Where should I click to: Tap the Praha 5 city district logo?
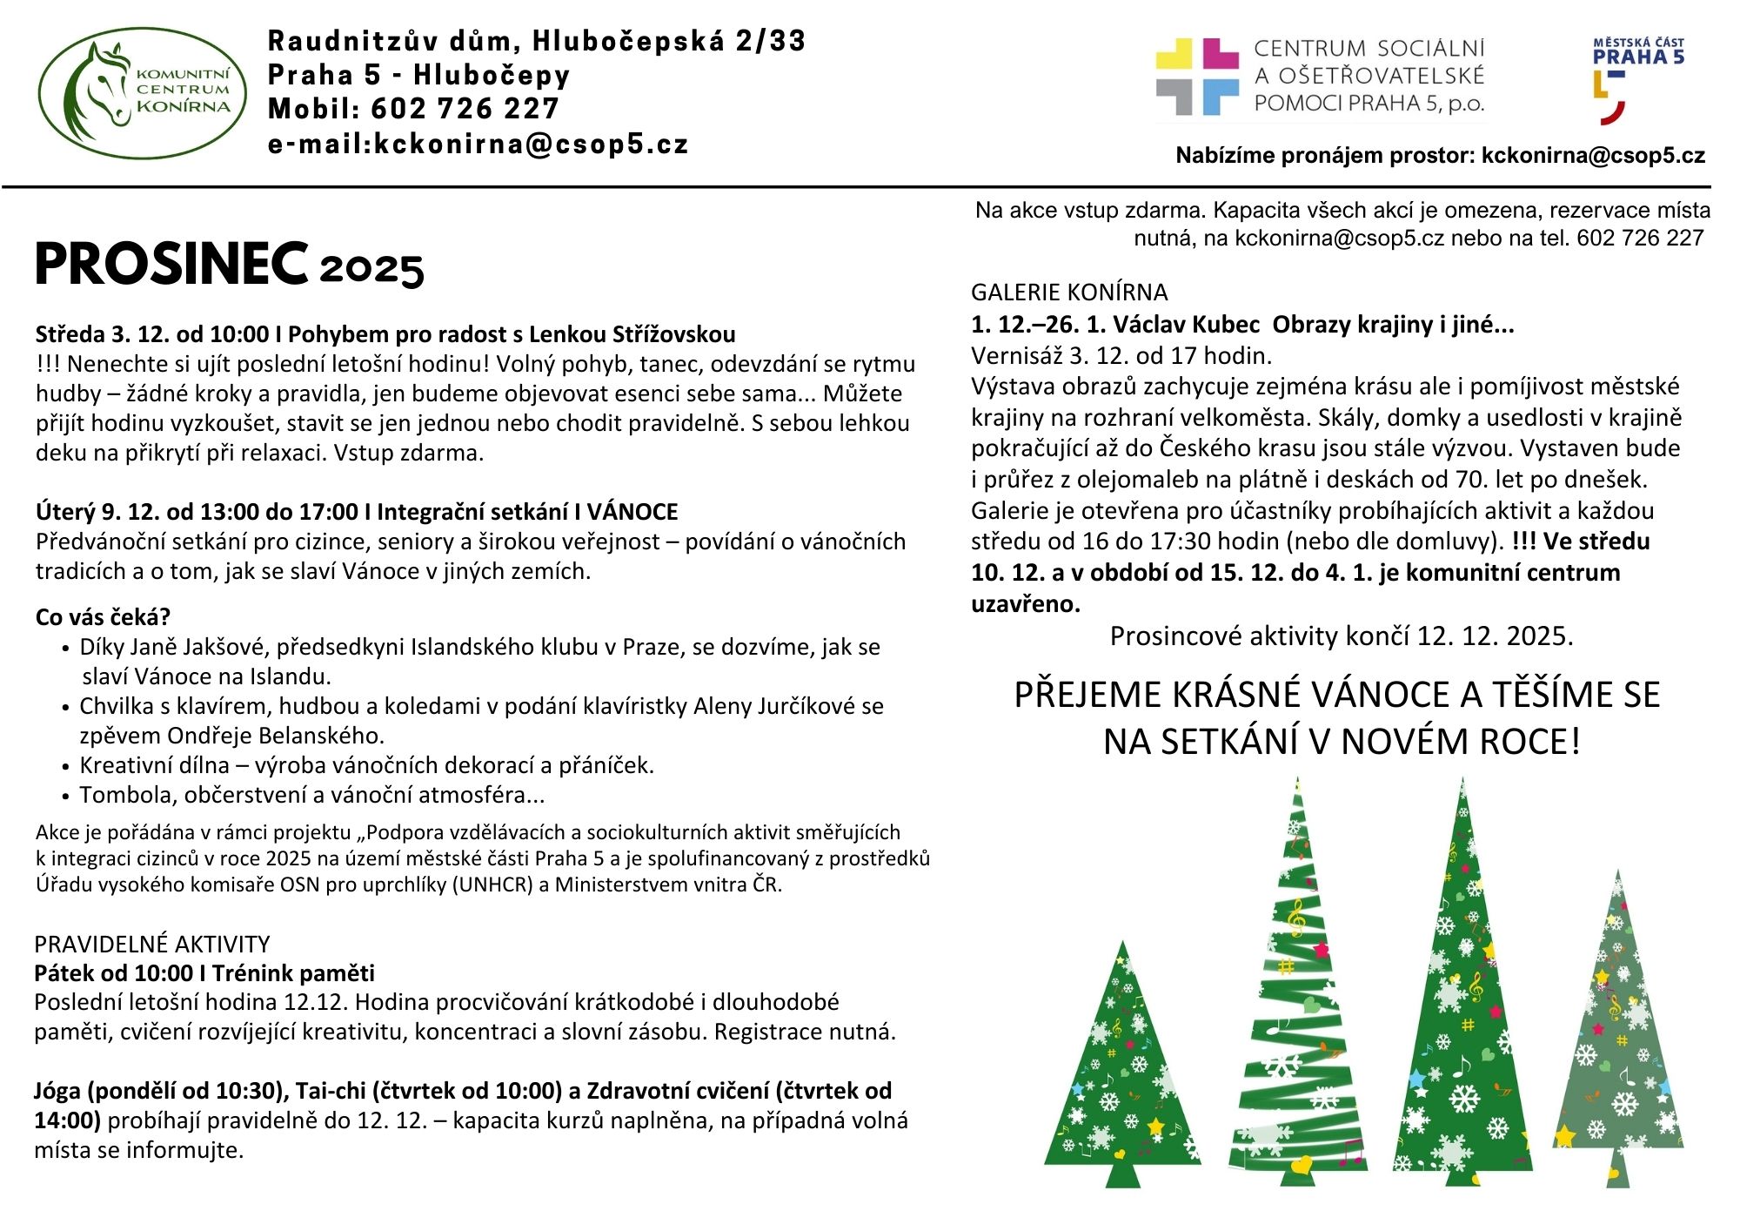[1637, 80]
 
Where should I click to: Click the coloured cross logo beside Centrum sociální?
[1197, 77]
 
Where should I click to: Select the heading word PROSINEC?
[171, 265]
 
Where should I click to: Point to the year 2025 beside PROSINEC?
[371, 269]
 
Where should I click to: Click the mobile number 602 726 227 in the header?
[465, 109]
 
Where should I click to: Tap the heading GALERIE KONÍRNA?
[1069, 293]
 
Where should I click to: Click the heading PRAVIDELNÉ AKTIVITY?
[152, 944]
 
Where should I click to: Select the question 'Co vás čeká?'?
[103, 617]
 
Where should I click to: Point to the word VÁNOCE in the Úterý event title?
[632, 512]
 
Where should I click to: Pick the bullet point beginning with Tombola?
[311, 795]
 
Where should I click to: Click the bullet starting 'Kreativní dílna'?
[366, 765]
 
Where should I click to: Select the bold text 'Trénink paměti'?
[295, 973]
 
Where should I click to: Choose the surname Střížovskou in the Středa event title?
[674, 334]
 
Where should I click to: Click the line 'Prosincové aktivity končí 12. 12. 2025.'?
[1342, 636]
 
